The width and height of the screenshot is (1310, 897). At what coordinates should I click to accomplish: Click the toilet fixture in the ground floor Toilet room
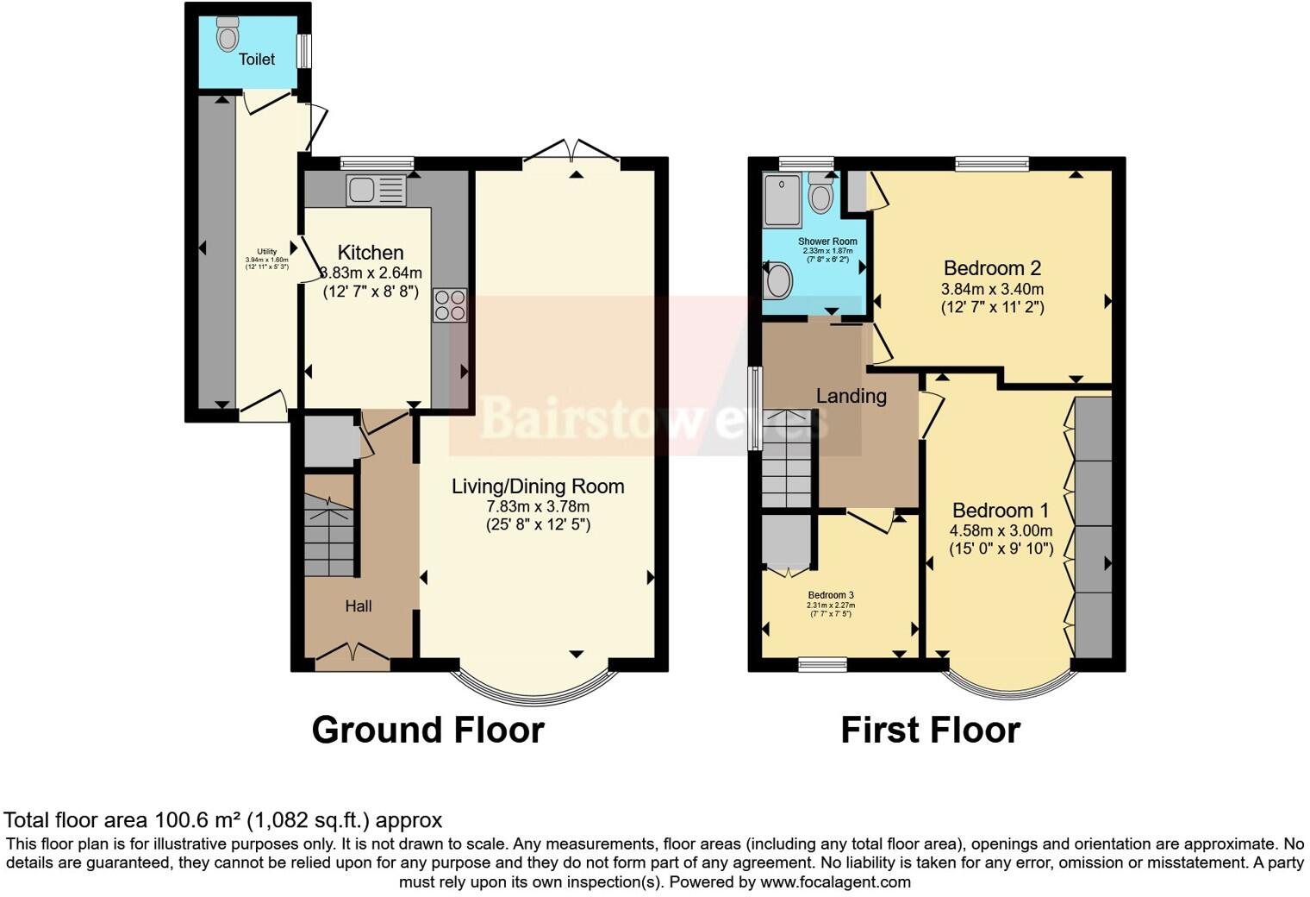228,34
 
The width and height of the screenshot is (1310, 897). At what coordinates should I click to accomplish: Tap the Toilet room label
257,60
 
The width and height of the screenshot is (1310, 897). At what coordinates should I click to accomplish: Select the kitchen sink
376,190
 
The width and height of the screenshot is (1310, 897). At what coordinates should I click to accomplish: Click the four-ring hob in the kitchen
450,304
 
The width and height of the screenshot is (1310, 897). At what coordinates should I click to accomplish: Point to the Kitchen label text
371,253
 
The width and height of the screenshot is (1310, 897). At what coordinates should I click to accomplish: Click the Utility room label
266,252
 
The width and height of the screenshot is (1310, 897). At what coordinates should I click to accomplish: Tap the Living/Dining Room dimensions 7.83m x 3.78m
538,506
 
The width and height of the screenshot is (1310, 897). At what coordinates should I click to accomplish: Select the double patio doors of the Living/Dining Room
571,152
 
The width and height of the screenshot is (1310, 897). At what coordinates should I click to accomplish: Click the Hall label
359,606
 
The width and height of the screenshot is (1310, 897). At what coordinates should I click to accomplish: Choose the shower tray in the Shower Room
783,199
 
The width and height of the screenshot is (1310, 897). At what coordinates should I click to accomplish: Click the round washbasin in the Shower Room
779,280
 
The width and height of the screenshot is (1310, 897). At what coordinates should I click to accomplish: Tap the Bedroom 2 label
993,268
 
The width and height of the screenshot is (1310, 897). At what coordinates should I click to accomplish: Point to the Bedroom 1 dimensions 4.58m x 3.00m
1001,530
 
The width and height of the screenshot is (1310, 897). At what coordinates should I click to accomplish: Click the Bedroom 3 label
831,595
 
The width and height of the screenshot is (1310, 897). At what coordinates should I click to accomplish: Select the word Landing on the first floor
851,396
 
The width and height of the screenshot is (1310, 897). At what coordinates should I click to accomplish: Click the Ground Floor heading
427,730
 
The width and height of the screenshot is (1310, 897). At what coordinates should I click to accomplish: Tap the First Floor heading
930,730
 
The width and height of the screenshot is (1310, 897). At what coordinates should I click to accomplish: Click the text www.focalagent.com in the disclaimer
835,881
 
